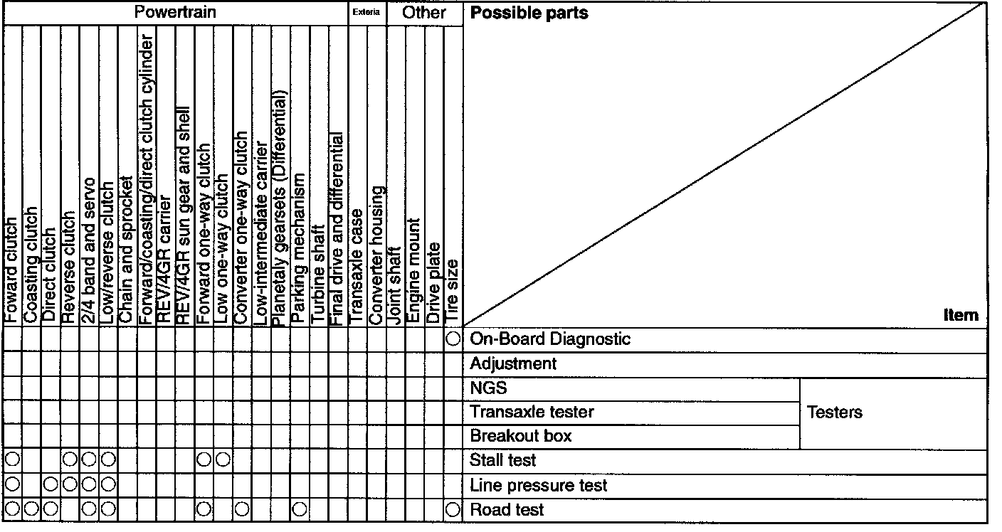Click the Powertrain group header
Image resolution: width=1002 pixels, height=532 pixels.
175,12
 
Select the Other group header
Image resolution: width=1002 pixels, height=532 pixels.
424,12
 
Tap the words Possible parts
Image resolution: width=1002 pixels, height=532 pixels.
529,13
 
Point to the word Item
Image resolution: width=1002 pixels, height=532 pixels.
961,315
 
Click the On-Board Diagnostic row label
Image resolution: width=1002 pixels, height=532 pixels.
549,339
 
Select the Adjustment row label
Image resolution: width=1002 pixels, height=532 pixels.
513,364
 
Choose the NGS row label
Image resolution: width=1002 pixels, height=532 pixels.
488,388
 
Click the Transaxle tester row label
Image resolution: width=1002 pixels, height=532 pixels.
532,412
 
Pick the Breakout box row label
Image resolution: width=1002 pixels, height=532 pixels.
520,435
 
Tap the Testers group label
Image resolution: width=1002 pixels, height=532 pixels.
834,412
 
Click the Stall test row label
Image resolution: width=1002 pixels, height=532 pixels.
502,461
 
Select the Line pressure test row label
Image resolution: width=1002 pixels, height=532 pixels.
538,486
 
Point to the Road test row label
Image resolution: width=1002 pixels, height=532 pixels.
507,510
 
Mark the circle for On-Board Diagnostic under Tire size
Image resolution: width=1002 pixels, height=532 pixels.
453,339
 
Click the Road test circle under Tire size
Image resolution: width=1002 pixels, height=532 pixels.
453,510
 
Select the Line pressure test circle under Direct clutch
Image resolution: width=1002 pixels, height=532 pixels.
51,486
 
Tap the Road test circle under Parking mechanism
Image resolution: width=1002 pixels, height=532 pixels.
300,510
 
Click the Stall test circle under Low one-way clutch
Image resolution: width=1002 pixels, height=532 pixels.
223,461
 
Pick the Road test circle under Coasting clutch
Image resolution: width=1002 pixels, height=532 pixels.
31,510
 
